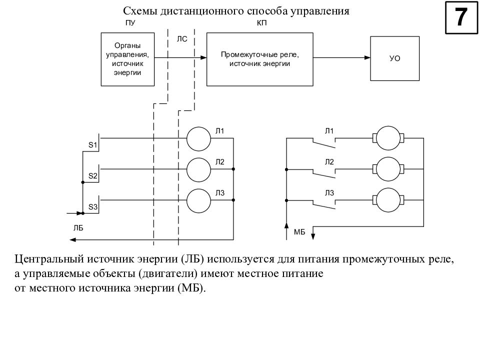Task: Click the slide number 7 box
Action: (461, 17)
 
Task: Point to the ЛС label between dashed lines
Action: (182, 39)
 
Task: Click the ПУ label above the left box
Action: (130, 23)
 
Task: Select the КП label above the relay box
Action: (261, 23)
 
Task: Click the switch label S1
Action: (93, 145)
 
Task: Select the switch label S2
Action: (93, 175)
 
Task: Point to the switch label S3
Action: (93, 206)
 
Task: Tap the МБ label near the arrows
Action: (299, 232)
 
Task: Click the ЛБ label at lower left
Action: (78, 228)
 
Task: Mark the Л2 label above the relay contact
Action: (329, 162)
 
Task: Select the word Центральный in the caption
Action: (49, 259)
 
